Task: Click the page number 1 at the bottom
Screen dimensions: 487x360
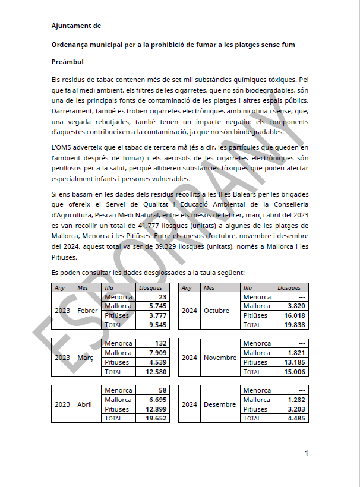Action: [x=307, y=454]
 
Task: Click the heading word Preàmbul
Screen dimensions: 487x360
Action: [x=67, y=62]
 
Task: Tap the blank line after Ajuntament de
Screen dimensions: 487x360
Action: [x=160, y=26]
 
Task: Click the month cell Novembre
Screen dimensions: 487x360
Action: [x=219, y=358]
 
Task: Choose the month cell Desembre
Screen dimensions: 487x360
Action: [x=220, y=404]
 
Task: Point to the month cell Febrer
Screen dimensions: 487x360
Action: [x=87, y=311]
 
